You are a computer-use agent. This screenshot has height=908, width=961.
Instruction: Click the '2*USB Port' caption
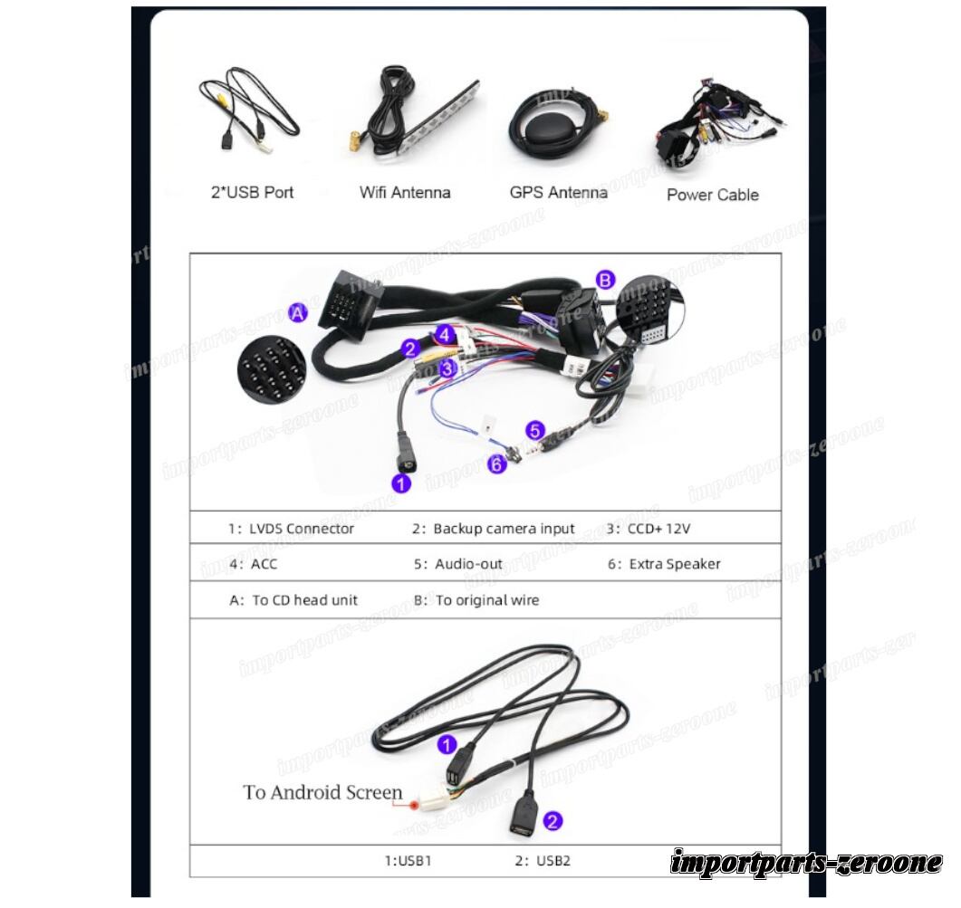(x=253, y=192)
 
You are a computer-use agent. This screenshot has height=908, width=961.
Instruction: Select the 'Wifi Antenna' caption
(x=404, y=192)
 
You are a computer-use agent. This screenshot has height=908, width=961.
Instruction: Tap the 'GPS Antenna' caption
(x=558, y=192)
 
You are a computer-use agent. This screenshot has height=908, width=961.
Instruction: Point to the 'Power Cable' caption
(x=712, y=194)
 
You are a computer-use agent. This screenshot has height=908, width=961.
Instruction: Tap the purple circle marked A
(x=298, y=312)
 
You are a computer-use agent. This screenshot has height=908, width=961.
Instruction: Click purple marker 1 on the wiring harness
(x=401, y=483)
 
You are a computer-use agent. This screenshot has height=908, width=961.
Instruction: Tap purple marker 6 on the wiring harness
(x=495, y=464)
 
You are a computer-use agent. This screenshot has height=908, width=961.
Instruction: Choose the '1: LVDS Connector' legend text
(x=291, y=529)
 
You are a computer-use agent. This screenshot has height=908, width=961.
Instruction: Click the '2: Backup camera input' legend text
(x=494, y=529)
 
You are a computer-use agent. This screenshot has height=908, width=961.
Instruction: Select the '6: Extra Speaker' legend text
(x=664, y=564)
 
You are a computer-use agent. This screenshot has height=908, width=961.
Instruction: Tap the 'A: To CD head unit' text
(x=293, y=599)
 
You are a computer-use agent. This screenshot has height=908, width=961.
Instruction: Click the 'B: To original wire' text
(x=476, y=599)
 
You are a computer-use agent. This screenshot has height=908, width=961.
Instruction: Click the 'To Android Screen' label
(x=322, y=792)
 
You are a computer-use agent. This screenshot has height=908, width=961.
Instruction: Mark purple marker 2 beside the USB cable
(x=553, y=821)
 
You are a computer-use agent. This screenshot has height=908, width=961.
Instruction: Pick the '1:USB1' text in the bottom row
(x=408, y=860)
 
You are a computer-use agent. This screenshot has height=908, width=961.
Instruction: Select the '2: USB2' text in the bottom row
(x=543, y=860)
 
